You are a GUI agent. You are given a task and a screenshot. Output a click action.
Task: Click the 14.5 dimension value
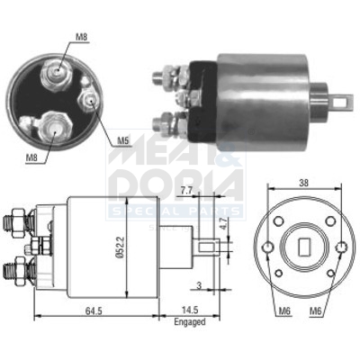coord(190,311)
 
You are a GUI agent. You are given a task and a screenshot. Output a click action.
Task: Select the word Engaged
coord(191,322)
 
